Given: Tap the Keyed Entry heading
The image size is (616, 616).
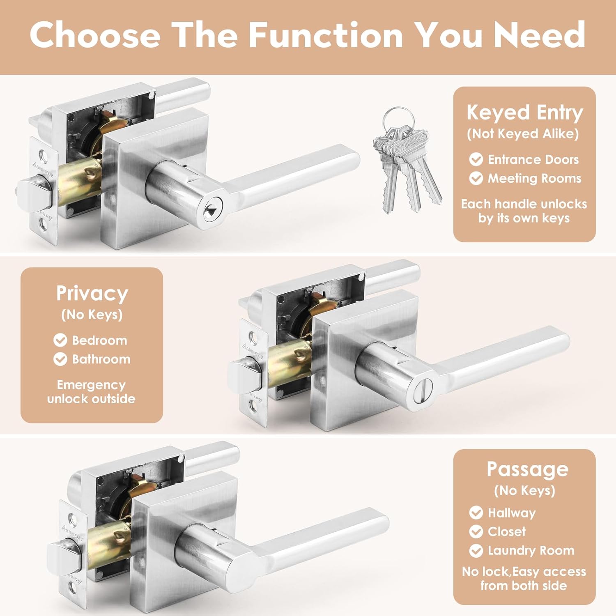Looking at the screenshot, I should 524,113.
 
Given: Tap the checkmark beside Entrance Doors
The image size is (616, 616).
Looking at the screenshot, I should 476,159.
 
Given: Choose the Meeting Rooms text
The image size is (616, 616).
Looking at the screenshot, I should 534,178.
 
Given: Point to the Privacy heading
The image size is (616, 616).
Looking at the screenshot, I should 92,293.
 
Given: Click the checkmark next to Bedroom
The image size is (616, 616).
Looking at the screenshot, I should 60,340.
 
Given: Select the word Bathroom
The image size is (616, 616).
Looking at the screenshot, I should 101,359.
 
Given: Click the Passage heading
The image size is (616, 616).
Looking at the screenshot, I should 527,469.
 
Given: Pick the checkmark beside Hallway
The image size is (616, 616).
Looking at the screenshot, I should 476,513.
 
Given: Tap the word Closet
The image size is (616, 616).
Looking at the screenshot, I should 506,531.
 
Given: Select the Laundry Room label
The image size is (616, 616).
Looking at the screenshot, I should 531,550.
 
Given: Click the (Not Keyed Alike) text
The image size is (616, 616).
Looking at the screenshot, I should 523,134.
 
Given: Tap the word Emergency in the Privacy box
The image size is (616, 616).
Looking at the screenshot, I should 91,385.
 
